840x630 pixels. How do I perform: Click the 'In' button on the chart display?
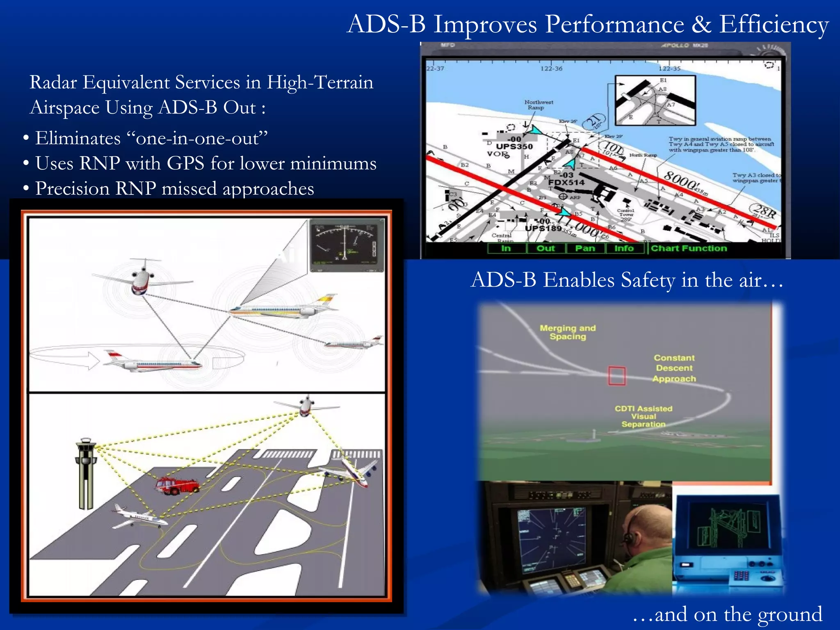coord(506,248)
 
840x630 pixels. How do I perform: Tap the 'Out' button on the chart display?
coord(546,248)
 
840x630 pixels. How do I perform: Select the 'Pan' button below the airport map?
coord(585,248)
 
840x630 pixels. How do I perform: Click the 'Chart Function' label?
coord(689,248)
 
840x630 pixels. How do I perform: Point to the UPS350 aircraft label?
coord(514,146)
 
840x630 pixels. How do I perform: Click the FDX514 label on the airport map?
coord(566,183)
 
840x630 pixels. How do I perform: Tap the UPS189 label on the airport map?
coord(543,228)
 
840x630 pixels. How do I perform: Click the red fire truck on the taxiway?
coord(177,486)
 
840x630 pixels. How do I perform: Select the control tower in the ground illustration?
coord(86,472)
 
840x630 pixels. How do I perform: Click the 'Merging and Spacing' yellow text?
coord(568,332)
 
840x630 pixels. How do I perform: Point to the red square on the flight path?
coord(616,376)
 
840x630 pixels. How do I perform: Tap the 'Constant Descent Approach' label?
coord(674,368)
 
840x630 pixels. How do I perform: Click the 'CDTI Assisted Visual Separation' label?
coord(643,416)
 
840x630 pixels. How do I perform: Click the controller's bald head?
coord(644,529)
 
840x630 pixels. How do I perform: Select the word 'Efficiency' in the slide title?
coord(774,25)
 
